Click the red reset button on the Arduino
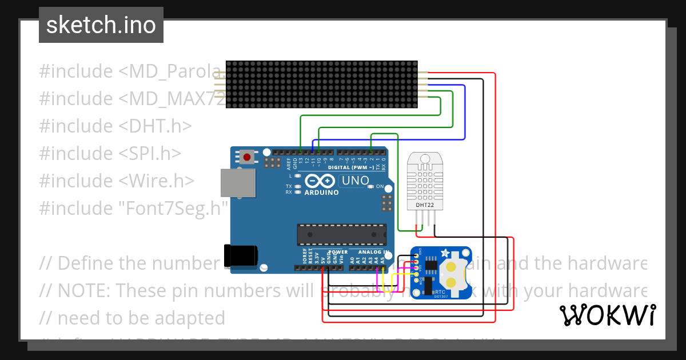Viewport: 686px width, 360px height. pos(247,156)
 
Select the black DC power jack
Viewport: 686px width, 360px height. pos(241,255)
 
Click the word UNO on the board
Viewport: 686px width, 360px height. pos(355,181)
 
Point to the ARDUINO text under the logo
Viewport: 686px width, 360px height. pos(321,193)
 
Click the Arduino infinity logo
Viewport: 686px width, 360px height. pos(320,181)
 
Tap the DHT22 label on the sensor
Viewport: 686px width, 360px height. pos(424,204)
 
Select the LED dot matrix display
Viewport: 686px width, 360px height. pos(322,85)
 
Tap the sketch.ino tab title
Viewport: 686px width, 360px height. pos(101,25)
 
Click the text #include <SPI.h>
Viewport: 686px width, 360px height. pos(110,153)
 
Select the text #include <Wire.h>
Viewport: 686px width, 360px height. pos(117,181)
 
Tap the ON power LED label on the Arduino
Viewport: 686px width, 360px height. pos(380,186)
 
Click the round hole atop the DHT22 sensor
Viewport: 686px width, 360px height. pos(424,158)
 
